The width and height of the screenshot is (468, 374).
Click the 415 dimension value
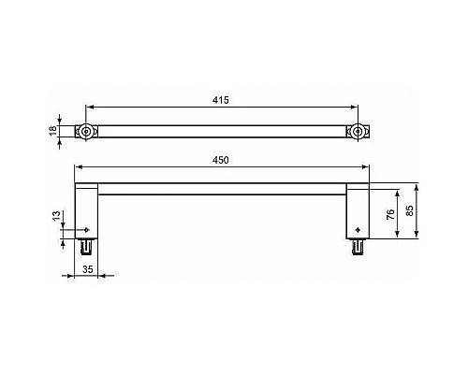pyautogui.click(x=221, y=97)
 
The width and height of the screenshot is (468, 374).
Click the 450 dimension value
pyautogui.click(x=221, y=162)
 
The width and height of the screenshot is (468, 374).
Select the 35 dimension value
pyautogui.click(x=87, y=269)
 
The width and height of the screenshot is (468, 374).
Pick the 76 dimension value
pyautogui.click(x=389, y=213)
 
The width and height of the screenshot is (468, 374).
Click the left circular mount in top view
pyautogui.click(x=86, y=133)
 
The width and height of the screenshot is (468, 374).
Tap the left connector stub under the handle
pyautogui.click(x=87, y=247)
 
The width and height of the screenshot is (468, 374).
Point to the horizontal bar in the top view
pyautogui.click(x=221, y=133)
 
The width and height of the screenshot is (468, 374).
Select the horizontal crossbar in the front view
pyautogui.click(x=222, y=189)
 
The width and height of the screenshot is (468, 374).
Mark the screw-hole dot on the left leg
pyautogui.click(x=86, y=229)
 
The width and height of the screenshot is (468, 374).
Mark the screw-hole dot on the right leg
pyautogui.click(x=357, y=229)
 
